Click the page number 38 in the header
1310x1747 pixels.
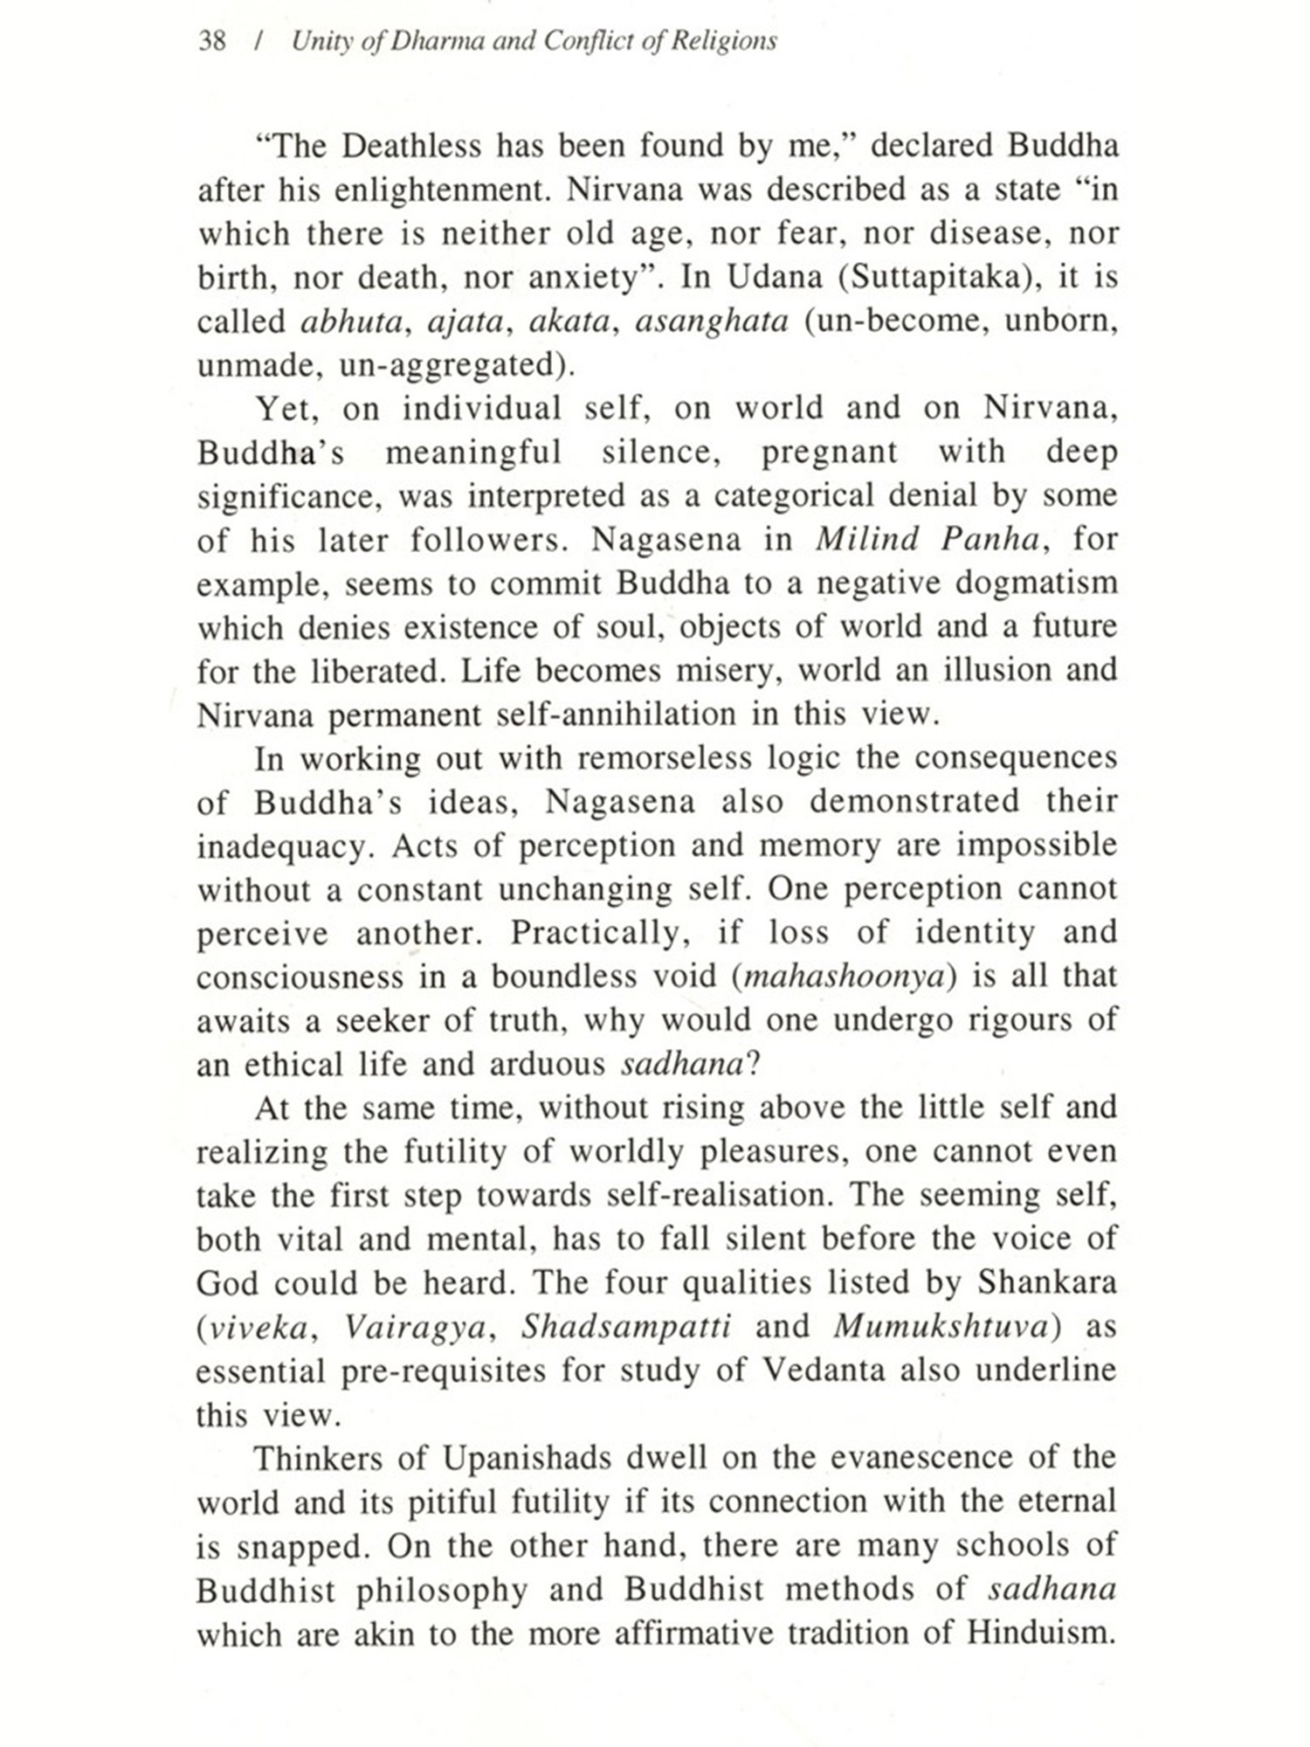[x=212, y=41]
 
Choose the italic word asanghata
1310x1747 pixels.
[x=712, y=321]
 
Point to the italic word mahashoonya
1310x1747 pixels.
[x=844, y=977]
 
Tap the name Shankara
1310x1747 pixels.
[x=1047, y=1282]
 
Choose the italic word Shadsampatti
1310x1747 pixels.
[x=626, y=1327]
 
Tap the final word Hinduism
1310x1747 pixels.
[x=1042, y=1633]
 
